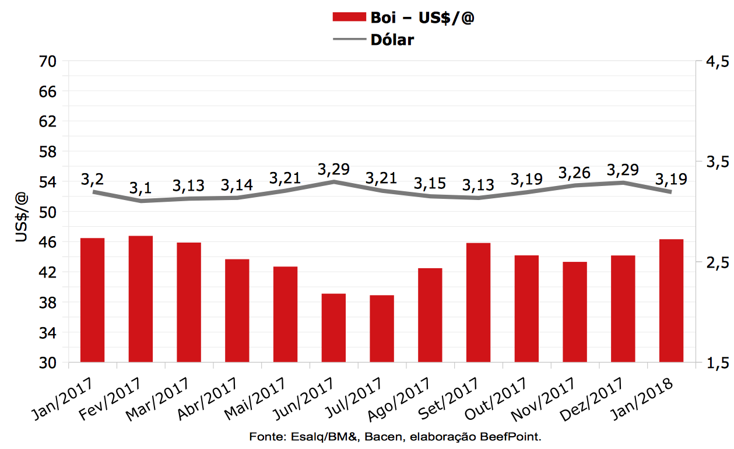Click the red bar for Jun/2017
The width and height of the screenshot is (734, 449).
[x=333, y=328]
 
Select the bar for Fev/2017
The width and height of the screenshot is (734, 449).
[x=141, y=299]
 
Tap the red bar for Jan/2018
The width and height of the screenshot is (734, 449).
[x=671, y=301]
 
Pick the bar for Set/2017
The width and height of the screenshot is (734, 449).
[x=478, y=303]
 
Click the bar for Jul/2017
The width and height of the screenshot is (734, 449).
[x=382, y=329]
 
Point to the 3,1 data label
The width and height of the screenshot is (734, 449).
[x=141, y=188]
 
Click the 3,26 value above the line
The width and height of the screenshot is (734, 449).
[x=574, y=173]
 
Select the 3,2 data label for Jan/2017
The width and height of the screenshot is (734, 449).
[x=92, y=179]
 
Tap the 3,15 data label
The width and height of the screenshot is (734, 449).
[x=430, y=183]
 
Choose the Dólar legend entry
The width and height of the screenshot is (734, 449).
[x=392, y=40]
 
